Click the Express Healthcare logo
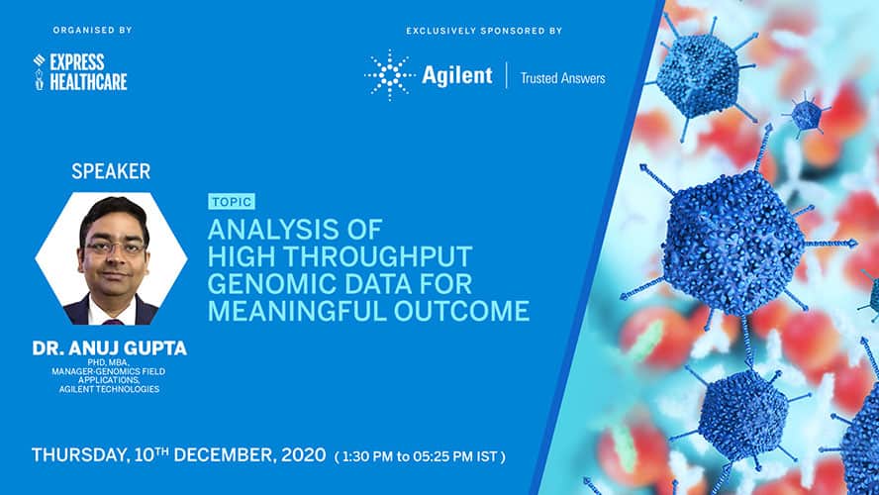[x=80, y=71]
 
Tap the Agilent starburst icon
[x=389, y=75]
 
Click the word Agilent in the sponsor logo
[x=457, y=75]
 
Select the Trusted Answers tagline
[x=562, y=78]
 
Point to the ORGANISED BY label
[x=92, y=31]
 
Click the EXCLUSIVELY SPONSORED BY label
[x=484, y=31]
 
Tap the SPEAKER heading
[x=111, y=171]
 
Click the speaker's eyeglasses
[x=115, y=247]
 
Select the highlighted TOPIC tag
[x=232, y=201]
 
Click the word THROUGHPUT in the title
[x=378, y=256]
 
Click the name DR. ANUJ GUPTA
[x=109, y=348]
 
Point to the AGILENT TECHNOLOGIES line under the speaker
[x=109, y=389]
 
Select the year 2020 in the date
[x=303, y=454]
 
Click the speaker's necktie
[x=113, y=322]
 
